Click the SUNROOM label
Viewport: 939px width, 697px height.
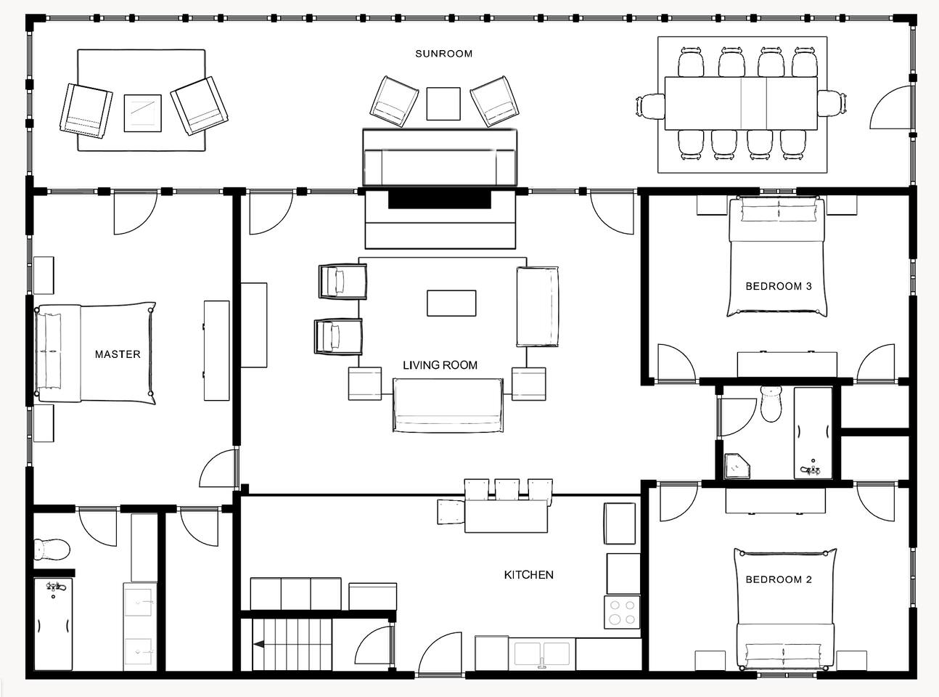point(443,54)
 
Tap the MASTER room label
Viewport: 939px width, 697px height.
point(118,354)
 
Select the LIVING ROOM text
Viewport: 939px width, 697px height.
point(440,364)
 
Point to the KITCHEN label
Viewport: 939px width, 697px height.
point(529,575)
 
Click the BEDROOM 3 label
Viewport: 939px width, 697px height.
point(779,287)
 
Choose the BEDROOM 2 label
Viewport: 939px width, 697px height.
point(779,579)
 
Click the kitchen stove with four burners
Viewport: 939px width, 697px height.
point(622,612)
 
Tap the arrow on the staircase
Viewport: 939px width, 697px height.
point(258,645)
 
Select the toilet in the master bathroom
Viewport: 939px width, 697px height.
point(52,550)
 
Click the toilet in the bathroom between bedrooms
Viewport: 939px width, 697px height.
point(771,404)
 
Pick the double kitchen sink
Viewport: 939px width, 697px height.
point(542,653)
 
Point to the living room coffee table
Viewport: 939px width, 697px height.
point(451,303)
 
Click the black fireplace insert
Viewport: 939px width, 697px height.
point(440,199)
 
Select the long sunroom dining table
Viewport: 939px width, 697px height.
point(741,103)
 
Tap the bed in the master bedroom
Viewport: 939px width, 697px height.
point(96,353)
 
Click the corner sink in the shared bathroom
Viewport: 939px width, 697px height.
point(737,466)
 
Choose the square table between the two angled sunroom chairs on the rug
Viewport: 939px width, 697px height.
point(143,113)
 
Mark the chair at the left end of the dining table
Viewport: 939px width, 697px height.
point(650,106)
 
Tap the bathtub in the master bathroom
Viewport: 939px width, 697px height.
point(53,624)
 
